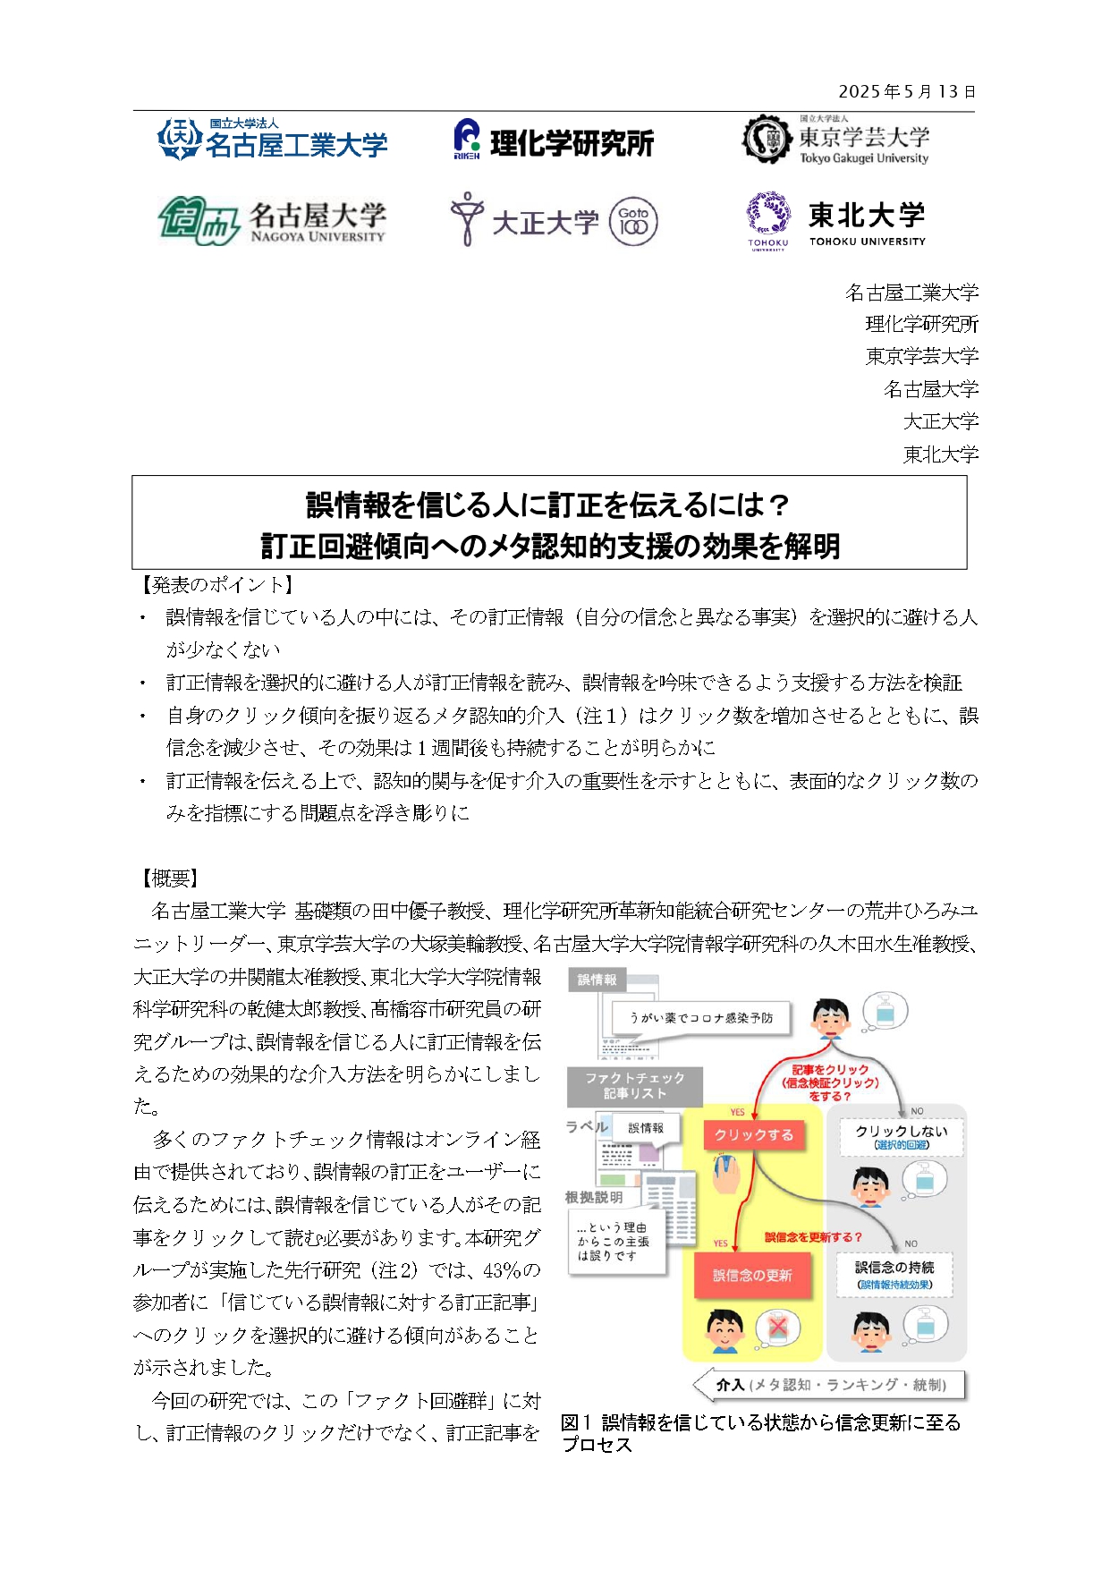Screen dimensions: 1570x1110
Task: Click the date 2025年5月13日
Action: click(906, 91)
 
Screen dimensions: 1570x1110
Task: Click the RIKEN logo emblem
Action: click(466, 140)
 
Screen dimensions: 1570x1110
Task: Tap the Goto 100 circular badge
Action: click(633, 222)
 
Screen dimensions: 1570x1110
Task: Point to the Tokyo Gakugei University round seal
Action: click(767, 139)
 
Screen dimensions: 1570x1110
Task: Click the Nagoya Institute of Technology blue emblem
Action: click(179, 140)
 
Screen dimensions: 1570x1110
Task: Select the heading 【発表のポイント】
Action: click(214, 585)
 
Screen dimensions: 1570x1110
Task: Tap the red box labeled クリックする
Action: click(753, 1135)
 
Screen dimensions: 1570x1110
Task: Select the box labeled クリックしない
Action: click(901, 1136)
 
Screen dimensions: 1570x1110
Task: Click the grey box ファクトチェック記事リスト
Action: click(634, 1086)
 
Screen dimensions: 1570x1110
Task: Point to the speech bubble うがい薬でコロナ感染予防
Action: click(700, 1019)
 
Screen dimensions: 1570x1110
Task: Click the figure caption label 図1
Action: click(576, 1422)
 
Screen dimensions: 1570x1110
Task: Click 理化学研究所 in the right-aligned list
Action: click(921, 324)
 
